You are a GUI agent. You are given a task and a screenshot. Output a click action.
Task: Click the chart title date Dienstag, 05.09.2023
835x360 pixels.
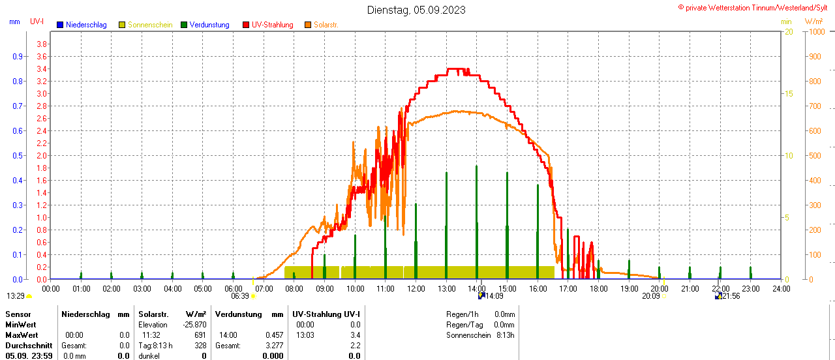(x=416, y=10)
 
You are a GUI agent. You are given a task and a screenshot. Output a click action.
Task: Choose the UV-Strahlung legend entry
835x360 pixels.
(x=272, y=25)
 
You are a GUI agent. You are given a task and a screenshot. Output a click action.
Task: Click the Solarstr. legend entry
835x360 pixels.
(x=326, y=25)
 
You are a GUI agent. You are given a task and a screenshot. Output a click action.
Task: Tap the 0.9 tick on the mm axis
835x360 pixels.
(x=17, y=56)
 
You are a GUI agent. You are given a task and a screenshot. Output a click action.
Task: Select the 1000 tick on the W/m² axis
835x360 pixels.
(x=816, y=31)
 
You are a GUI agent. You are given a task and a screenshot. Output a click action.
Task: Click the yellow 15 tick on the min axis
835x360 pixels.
(x=788, y=93)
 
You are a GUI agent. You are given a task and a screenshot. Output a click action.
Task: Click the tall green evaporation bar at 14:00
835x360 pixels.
(x=477, y=222)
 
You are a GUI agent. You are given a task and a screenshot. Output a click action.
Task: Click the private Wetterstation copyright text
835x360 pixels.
(x=755, y=7)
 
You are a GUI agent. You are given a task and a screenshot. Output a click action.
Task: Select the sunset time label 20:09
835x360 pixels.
(x=650, y=295)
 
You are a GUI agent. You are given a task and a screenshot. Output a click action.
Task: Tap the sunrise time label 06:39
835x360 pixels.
(x=240, y=295)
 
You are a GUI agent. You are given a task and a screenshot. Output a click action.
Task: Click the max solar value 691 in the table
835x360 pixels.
(x=200, y=335)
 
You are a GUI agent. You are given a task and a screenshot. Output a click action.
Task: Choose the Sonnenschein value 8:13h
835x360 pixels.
(x=505, y=335)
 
